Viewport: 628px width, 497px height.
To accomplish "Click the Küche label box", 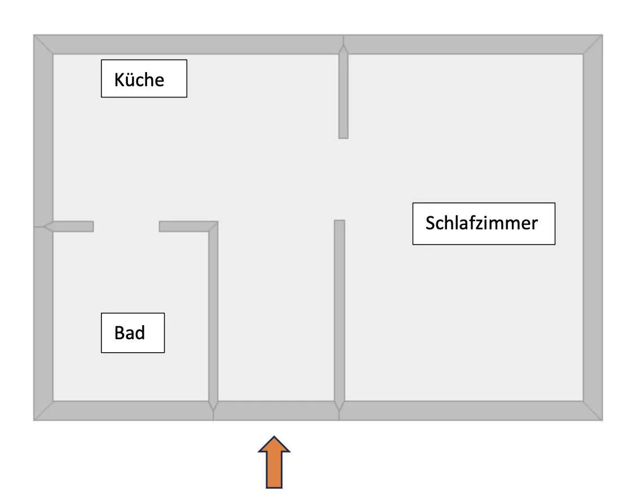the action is (144, 78).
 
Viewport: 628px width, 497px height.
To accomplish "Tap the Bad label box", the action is (132, 333).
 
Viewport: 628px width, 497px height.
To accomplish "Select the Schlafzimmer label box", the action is (484, 224).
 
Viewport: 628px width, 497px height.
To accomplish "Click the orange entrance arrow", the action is (274, 462).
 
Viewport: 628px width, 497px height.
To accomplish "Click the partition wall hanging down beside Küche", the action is (343, 92).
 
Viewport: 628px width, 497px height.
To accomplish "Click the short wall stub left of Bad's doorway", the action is (69, 227).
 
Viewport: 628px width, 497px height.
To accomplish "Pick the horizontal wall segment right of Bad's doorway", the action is (188, 227).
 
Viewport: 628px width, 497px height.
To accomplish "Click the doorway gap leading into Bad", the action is (126, 227).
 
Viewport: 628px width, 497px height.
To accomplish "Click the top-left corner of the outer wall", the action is (34, 35).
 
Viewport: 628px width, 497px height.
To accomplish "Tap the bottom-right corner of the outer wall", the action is (603, 420).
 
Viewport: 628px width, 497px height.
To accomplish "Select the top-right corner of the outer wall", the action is (603, 35).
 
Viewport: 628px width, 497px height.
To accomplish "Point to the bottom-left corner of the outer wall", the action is (34, 420).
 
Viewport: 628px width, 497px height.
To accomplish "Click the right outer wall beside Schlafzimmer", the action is (592, 228).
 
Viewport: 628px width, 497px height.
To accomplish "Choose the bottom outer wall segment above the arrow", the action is (276, 410).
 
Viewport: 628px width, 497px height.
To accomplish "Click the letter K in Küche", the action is (120, 79).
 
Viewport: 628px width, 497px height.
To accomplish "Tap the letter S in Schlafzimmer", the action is (430, 223).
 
